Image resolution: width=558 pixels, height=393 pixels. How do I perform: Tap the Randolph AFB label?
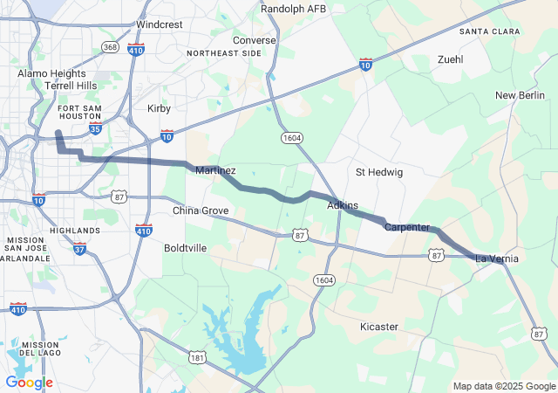pos(293,9)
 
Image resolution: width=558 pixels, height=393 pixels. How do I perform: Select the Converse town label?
pos(255,40)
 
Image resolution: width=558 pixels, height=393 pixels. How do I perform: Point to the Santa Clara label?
pos(489,31)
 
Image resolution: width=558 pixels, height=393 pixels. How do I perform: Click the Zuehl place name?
pos(451,59)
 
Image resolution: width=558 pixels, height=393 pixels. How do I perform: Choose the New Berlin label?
pos(520,94)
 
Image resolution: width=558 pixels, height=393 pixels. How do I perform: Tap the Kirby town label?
pos(159,108)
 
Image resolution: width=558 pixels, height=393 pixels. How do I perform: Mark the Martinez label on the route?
pos(215,170)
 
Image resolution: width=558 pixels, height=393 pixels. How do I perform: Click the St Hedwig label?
pos(379,172)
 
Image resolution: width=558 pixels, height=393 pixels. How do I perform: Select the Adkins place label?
pos(343,205)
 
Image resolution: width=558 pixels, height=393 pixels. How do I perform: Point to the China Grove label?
pos(201,211)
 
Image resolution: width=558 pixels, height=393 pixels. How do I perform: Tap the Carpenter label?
pos(407,227)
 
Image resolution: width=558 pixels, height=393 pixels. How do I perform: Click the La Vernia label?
pos(497,259)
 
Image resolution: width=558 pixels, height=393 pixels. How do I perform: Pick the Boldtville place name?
pos(186,248)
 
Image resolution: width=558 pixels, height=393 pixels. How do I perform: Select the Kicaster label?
pos(379,327)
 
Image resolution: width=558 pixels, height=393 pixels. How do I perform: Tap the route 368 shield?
pos(111,46)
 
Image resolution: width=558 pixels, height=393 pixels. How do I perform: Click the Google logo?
pos(29,383)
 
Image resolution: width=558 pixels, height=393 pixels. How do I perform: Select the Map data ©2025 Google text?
pos(505,386)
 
